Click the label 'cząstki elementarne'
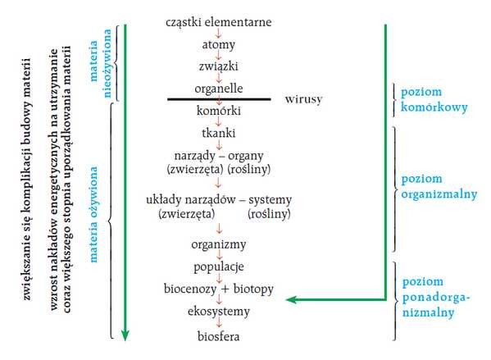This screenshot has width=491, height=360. [219, 22]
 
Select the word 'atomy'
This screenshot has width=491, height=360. [219, 44]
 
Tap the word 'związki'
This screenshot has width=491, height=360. [219, 66]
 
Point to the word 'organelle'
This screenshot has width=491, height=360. [219, 89]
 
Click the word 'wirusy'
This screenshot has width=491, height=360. [303, 99]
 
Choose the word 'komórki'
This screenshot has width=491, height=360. [219, 111]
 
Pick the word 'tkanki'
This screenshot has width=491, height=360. [219, 133]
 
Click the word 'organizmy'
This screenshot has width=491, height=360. [219, 244]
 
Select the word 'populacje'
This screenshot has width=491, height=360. [219, 267]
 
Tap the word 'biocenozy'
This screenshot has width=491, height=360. [190, 289]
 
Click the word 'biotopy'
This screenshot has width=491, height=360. [253, 289]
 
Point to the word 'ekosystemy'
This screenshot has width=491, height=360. [219, 312]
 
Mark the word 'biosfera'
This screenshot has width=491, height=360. [219, 336]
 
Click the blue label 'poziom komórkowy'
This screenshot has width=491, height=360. [434, 99]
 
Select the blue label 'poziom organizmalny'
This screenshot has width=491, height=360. [439, 187]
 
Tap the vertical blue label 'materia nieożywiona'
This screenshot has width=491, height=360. [101, 63]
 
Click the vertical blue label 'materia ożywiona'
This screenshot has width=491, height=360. [93, 214]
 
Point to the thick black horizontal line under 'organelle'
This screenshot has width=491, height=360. [219, 99]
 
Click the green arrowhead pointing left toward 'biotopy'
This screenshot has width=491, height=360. [291, 300]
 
